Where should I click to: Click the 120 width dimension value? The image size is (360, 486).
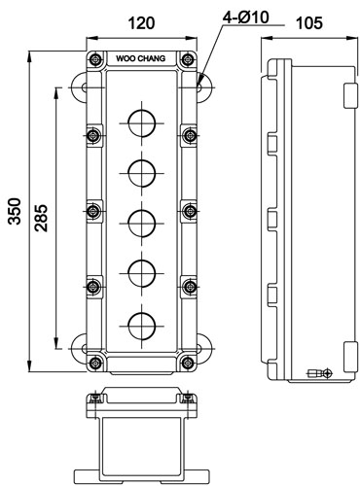[141, 23]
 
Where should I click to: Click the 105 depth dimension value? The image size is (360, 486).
[309, 23]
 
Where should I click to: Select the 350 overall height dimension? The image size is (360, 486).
[15, 211]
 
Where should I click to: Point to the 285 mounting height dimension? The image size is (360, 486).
[42, 218]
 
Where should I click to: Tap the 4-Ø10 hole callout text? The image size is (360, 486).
[246, 17]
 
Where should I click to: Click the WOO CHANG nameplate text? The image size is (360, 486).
[141, 58]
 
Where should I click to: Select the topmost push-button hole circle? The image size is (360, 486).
[142, 123]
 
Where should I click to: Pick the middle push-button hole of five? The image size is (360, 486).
[142, 224]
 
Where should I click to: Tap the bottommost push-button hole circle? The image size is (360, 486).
[142, 326]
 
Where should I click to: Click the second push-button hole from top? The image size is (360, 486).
[142, 173]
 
